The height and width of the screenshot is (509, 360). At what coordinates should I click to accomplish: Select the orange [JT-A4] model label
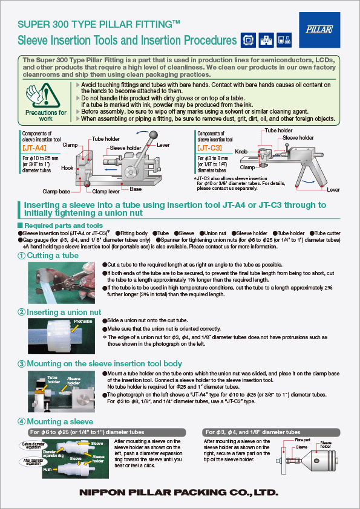click(x=33, y=147)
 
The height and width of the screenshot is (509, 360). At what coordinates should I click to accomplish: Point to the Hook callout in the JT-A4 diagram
click(x=67, y=168)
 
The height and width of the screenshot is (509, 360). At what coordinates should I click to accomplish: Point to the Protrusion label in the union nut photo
click(x=83, y=322)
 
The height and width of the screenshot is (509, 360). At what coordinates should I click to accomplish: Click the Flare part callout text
click(x=304, y=441)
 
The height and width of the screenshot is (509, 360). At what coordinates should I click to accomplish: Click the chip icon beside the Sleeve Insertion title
click(x=247, y=41)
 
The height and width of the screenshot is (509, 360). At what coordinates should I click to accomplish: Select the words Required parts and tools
click(x=54, y=225)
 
